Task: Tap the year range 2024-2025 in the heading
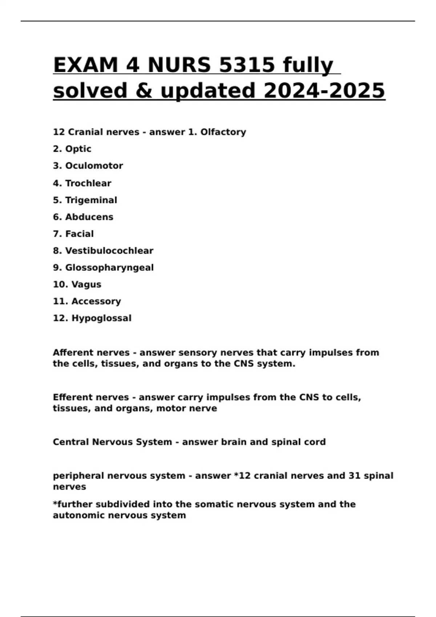(324, 91)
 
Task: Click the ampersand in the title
(144, 91)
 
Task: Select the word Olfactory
(223, 132)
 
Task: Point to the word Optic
(78, 149)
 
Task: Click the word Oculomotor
(94, 166)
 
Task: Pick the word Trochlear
(88, 183)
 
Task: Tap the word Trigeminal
(91, 200)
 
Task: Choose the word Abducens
(89, 217)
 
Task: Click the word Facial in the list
(79, 234)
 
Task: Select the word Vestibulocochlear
(109, 251)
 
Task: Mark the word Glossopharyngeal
(109, 268)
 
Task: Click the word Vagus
(86, 285)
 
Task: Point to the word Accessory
(96, 302)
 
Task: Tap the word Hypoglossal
(101, 318)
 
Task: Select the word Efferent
(72, 397)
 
